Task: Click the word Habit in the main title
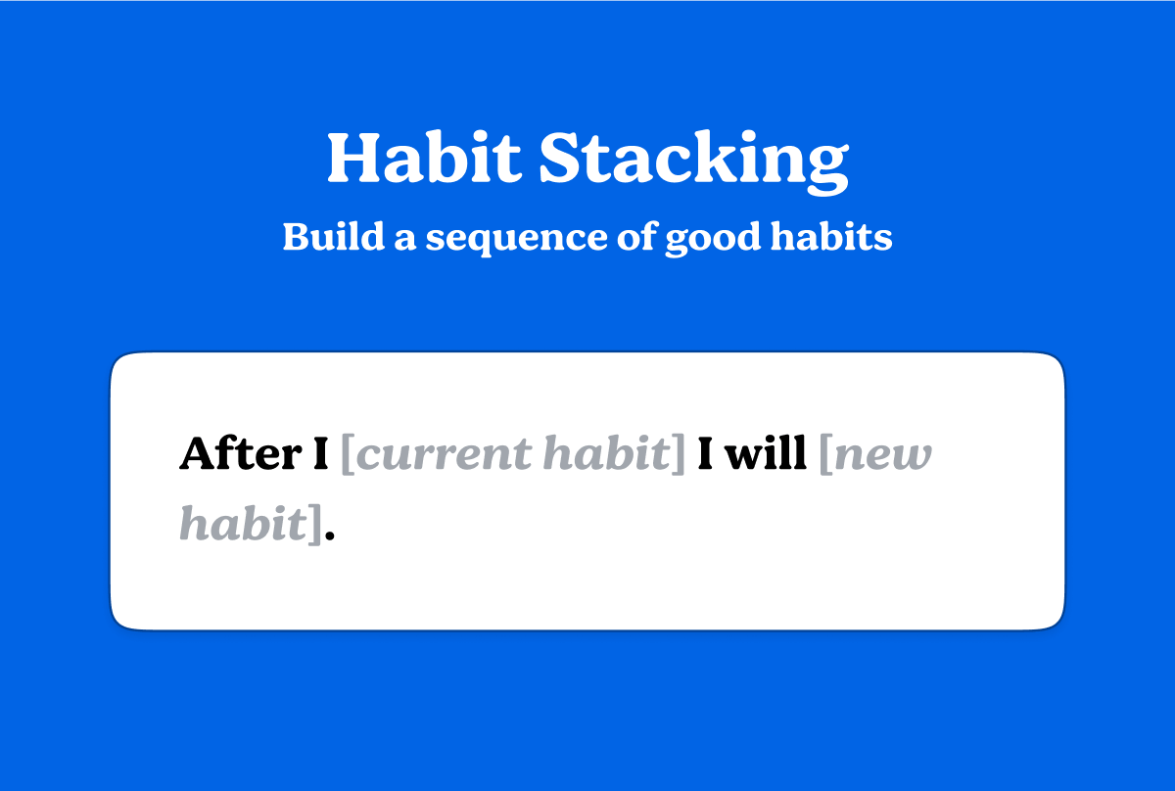[x=423, y=158]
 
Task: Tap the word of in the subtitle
[x=634, y=237]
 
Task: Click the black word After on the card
[x=240, y=454]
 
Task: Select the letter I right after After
[x=320, y=454]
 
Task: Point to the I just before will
[x=704, y=454]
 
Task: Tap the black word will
[x=767, y=454]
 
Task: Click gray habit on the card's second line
[x=242, y=525]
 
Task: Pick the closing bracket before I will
[x=679, y=456]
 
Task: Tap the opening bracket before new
[x=824, y=456]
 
